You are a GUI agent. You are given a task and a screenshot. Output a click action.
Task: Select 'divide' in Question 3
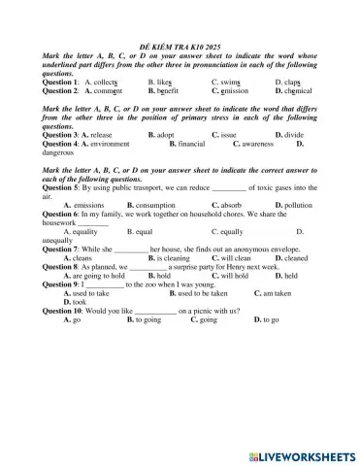(x=295, y=135)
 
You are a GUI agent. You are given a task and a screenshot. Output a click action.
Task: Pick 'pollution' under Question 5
(x=298, y=205)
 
